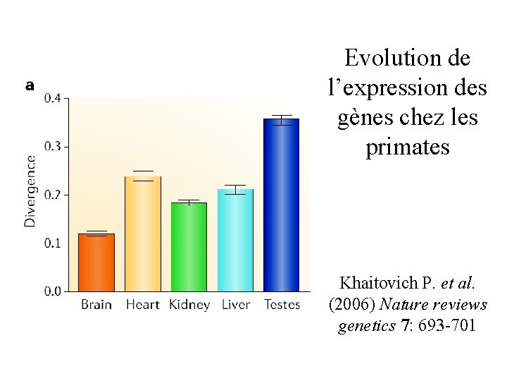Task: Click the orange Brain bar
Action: click(96, 262)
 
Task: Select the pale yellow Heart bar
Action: click(143, 234)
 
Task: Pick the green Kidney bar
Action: click(189, 247)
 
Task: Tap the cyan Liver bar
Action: click(235, 241)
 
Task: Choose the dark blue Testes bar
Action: click(282, 205)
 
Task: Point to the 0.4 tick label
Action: click(53, 98)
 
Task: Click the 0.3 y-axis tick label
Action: click(53, 147)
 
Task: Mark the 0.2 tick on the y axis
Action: click(53, 195)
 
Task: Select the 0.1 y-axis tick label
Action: click(53, 243)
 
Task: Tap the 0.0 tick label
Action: click(53, 291)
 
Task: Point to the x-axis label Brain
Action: click(96, 305)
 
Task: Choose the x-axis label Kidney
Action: click(189, 306)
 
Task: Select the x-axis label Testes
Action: click(282, 305)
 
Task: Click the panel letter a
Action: click(30, 85)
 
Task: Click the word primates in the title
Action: click(408, 147)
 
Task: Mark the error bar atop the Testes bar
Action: click(282, 120)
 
